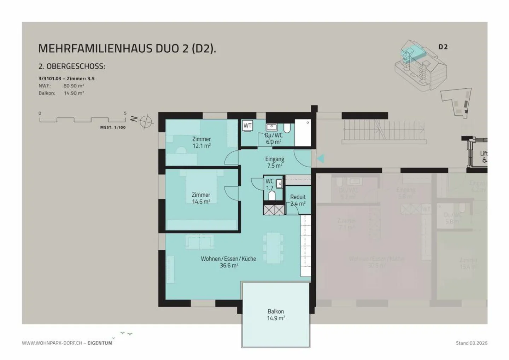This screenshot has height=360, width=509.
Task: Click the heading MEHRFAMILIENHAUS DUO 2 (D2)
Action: point(127,48)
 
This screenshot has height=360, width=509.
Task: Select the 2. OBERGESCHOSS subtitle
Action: point(72,66)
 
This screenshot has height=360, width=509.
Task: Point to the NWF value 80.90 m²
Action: point(74,86)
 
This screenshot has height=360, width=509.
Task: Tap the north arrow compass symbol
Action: point(145,122)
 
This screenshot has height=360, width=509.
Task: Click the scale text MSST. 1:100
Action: point(113,128)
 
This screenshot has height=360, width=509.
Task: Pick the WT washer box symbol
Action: point(247,126)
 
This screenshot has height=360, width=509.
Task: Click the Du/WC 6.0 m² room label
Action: point(274,139)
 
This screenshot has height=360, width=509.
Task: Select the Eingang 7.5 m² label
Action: point(275,162)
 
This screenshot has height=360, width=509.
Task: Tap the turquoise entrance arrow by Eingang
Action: point(320,159)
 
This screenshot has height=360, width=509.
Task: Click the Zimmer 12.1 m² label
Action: point(201,142)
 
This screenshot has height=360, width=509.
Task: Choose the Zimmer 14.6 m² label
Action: point(201,198)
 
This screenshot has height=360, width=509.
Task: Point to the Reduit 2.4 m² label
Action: point(298,200)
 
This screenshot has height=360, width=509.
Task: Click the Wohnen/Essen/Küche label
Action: point(228,262)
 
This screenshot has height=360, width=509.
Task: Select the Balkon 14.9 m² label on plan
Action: point(276,314)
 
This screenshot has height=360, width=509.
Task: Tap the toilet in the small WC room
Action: point(272,196)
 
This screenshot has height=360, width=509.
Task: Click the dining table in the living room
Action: point(273,248)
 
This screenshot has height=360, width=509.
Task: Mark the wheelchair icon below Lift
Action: point(484,160)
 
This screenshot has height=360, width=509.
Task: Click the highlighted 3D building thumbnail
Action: point(420,66)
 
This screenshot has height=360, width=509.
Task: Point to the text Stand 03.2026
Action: point(472,343)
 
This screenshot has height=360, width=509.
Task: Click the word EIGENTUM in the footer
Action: point(100,343)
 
